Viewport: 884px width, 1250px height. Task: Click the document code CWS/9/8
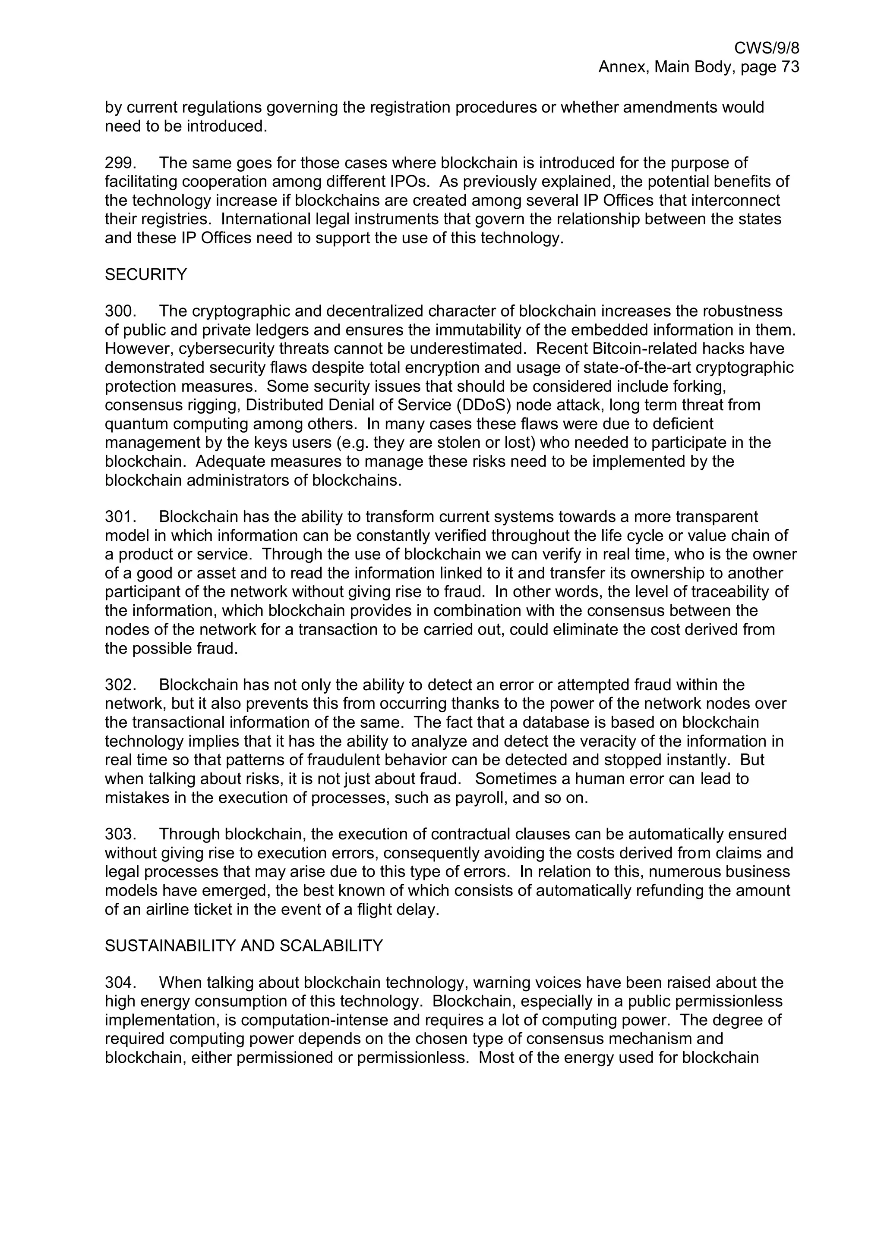766,48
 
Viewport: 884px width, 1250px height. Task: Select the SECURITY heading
145,274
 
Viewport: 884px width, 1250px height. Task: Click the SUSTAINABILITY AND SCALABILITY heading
243,945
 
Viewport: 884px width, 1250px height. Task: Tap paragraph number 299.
120,163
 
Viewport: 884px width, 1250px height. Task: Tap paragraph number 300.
120,311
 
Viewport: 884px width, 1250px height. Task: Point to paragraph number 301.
120,516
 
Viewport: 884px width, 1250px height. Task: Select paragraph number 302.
120,685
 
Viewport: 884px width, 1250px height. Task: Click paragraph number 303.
120,834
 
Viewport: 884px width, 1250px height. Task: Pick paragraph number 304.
120,983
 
